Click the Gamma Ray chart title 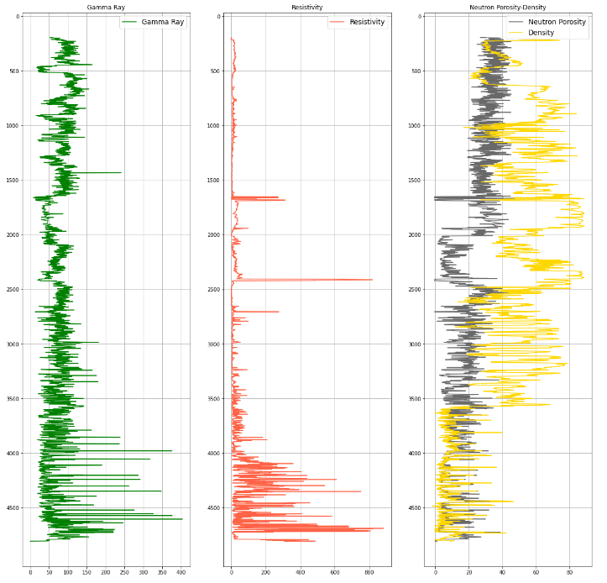(x=106, y=8)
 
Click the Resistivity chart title (x=306, y=8)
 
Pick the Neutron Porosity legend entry (x=556, y=22)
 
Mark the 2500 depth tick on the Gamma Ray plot (x=13, y=289)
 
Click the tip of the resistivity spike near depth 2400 (x=373, y=280)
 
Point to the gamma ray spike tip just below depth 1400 (x=121, y=172)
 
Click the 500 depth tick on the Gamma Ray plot (x=15, y=71)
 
